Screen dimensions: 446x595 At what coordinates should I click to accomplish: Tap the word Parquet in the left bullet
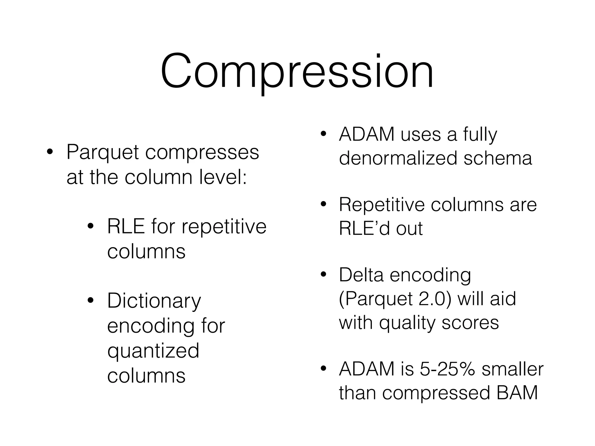coord(102,152)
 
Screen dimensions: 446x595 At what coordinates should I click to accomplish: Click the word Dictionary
coord(154,301)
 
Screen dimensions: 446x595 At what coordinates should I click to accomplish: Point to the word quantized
coord(153,351)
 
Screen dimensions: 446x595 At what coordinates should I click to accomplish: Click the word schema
coord(497,158)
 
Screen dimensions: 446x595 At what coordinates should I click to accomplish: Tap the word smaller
coord(512,369)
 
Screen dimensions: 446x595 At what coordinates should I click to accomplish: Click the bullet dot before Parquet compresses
coord(50,152)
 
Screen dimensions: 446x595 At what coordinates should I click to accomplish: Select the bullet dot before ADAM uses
coord(323,134)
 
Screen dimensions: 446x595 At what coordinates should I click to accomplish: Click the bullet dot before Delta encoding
coord(323,275)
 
